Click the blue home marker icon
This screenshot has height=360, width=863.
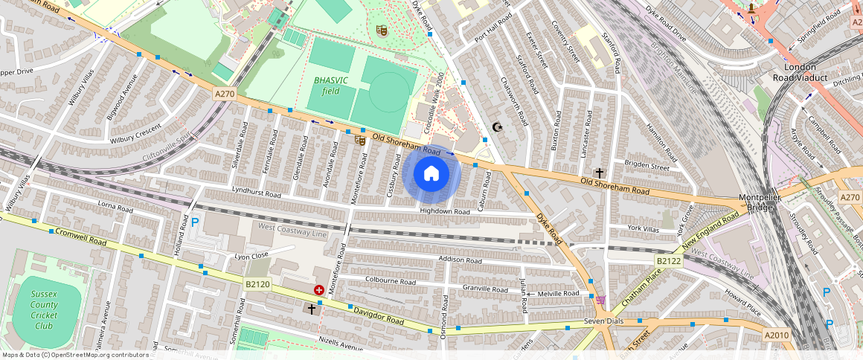coord(431,174)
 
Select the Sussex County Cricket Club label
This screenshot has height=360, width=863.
coord(44,309)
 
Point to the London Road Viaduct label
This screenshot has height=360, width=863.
coord(801,72)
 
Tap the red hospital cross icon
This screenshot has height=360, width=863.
coord(318,290)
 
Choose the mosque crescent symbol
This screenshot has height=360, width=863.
coord(498,127)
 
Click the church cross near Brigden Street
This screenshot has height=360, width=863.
coord(599,173)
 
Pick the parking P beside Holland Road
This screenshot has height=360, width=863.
coord(195,222)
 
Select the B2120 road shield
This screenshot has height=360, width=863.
coord(257,284)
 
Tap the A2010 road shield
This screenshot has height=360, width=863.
coord(777,335)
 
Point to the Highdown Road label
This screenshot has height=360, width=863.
coord(445,211)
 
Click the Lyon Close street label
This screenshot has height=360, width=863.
coord(251,257)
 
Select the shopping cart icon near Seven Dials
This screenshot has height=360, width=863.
coord(600,300)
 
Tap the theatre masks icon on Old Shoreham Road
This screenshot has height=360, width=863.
coord(359,139)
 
